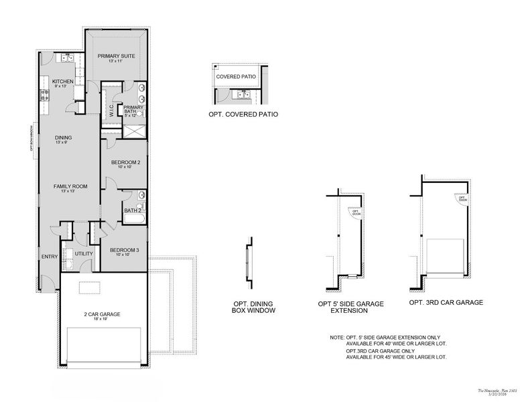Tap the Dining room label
(64, 138)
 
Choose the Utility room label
(84, 253)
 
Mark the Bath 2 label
(133, 210)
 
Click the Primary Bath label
(133, 109)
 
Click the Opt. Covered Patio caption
(243, 115)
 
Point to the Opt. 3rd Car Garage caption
(446, 302)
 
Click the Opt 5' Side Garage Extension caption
(350, 307)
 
